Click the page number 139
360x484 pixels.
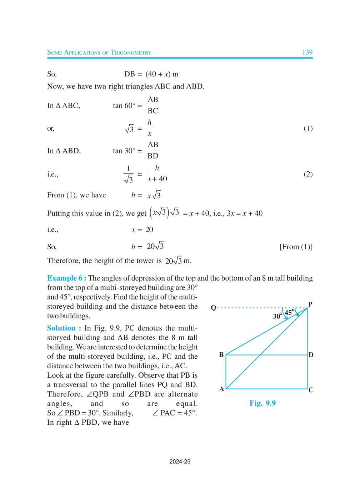pos(307,52)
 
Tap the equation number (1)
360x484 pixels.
pos(308,128)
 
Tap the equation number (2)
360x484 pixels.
pos(308,174)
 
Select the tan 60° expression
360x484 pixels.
pos(124,106)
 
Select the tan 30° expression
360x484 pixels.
pos(124,151)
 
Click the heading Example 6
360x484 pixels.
pos(66,278)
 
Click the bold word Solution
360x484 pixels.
pos(61,328)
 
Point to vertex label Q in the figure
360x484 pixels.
pos(214,308)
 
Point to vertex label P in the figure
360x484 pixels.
pos(310,304)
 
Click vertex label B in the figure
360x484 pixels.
pos(221,354)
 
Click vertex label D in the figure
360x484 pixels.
pos(311,355)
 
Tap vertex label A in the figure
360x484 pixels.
pos(222,389)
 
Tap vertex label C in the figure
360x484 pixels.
pos(311,390)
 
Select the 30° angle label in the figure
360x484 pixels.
pos(277,316)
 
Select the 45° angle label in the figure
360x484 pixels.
pos(289,312)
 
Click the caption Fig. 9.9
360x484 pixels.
pos(262,403)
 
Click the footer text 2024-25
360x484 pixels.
pos(180,462)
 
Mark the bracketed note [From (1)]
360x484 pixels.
pos(296,247)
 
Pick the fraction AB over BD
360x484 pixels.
pos(153,150)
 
